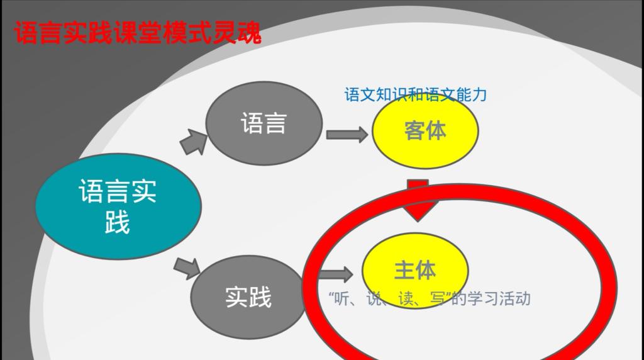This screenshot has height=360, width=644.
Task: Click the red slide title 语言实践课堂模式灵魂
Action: (138, 32)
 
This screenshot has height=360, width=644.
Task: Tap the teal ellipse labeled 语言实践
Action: (118, 206)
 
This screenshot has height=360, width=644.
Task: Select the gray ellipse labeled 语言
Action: (264, 123)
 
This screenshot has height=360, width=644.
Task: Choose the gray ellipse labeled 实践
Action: (248, 297)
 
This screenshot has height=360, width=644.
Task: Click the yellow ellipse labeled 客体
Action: (425, 131)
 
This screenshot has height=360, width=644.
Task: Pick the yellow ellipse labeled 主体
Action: (415, 271)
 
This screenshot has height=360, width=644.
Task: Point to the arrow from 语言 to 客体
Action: (347, 135)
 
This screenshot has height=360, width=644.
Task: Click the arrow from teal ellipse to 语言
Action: (194, 142)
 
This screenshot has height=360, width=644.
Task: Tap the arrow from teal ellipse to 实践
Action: (187, 268)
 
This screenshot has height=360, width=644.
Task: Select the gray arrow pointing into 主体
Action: (336, 274)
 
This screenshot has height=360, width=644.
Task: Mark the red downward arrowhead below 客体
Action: (418, 201)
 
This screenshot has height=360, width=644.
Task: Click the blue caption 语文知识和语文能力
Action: (415, 95)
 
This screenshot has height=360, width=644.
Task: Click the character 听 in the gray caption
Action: (341, 299)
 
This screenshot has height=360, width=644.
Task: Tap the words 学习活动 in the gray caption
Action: (499, 298)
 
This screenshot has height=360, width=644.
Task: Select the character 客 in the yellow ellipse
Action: (414, 131)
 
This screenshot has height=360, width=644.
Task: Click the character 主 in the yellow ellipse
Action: (404, 271)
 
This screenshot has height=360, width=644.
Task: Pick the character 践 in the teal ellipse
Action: (118, 222)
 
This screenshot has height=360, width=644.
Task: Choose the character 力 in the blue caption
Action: (479, 95)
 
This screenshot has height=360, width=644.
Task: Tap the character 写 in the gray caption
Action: (438, 299)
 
